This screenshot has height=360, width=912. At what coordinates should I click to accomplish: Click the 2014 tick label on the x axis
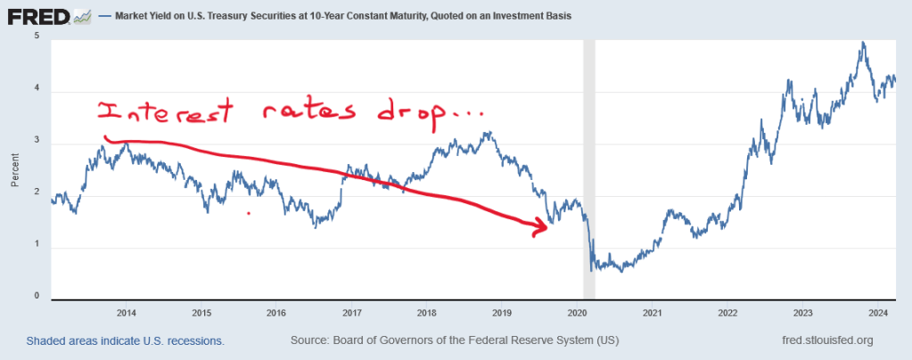[127, 313]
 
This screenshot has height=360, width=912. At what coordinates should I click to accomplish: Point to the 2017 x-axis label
[351, 313]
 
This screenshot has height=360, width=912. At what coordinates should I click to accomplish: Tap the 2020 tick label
[577, 313]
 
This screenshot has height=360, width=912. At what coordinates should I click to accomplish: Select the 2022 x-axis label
[727, 313]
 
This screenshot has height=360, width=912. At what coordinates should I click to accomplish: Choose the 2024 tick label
[877, 313]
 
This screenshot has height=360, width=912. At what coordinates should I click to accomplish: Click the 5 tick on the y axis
[36, 36]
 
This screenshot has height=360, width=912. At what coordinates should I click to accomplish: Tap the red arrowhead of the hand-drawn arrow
[539, 228]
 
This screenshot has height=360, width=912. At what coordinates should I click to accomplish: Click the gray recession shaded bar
[588, 169]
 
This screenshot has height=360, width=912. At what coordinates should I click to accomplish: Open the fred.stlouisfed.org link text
[826, 340]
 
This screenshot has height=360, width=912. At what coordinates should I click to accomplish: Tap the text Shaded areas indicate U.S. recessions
[125, 340]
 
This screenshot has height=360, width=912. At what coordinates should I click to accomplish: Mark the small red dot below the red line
[249, 213]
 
